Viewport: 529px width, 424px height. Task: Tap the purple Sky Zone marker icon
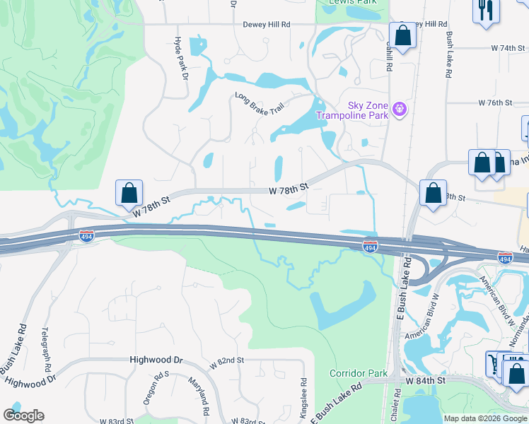coord(400,109)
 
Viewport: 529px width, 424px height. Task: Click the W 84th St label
coord(426,381)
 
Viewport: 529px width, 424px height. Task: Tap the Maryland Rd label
coord(197,396)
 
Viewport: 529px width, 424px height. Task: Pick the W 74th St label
coord(509,48)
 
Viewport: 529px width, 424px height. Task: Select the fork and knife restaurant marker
coord(486,11)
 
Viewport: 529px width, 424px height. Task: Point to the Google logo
coord(23,416)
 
